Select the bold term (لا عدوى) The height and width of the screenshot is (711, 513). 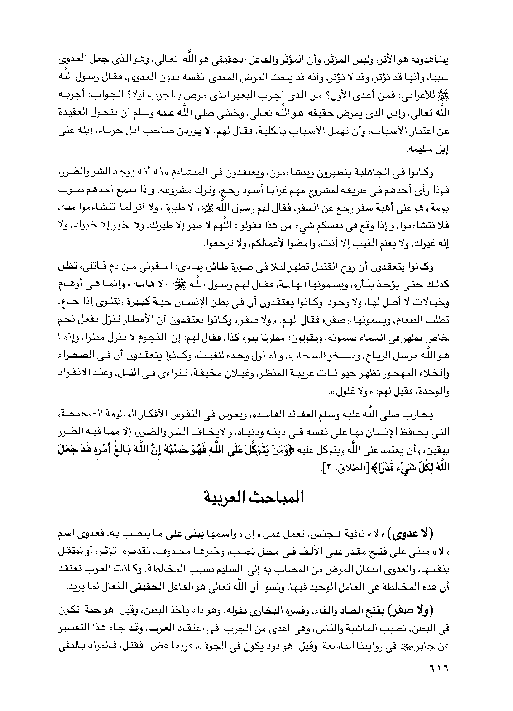(427, 530)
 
